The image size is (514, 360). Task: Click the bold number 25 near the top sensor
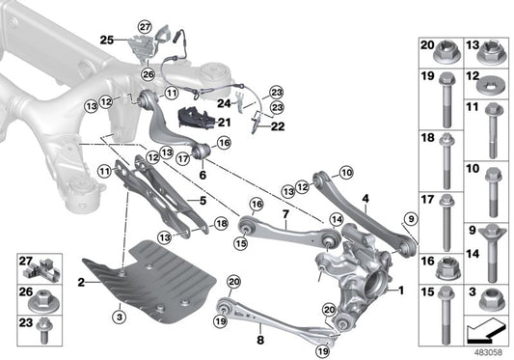pos(106,41)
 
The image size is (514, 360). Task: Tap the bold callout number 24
pos(221,101)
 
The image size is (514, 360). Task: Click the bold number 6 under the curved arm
pos(203,175)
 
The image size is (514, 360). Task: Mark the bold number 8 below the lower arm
pos(260,340)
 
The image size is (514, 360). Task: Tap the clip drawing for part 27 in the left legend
pos(44,263)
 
